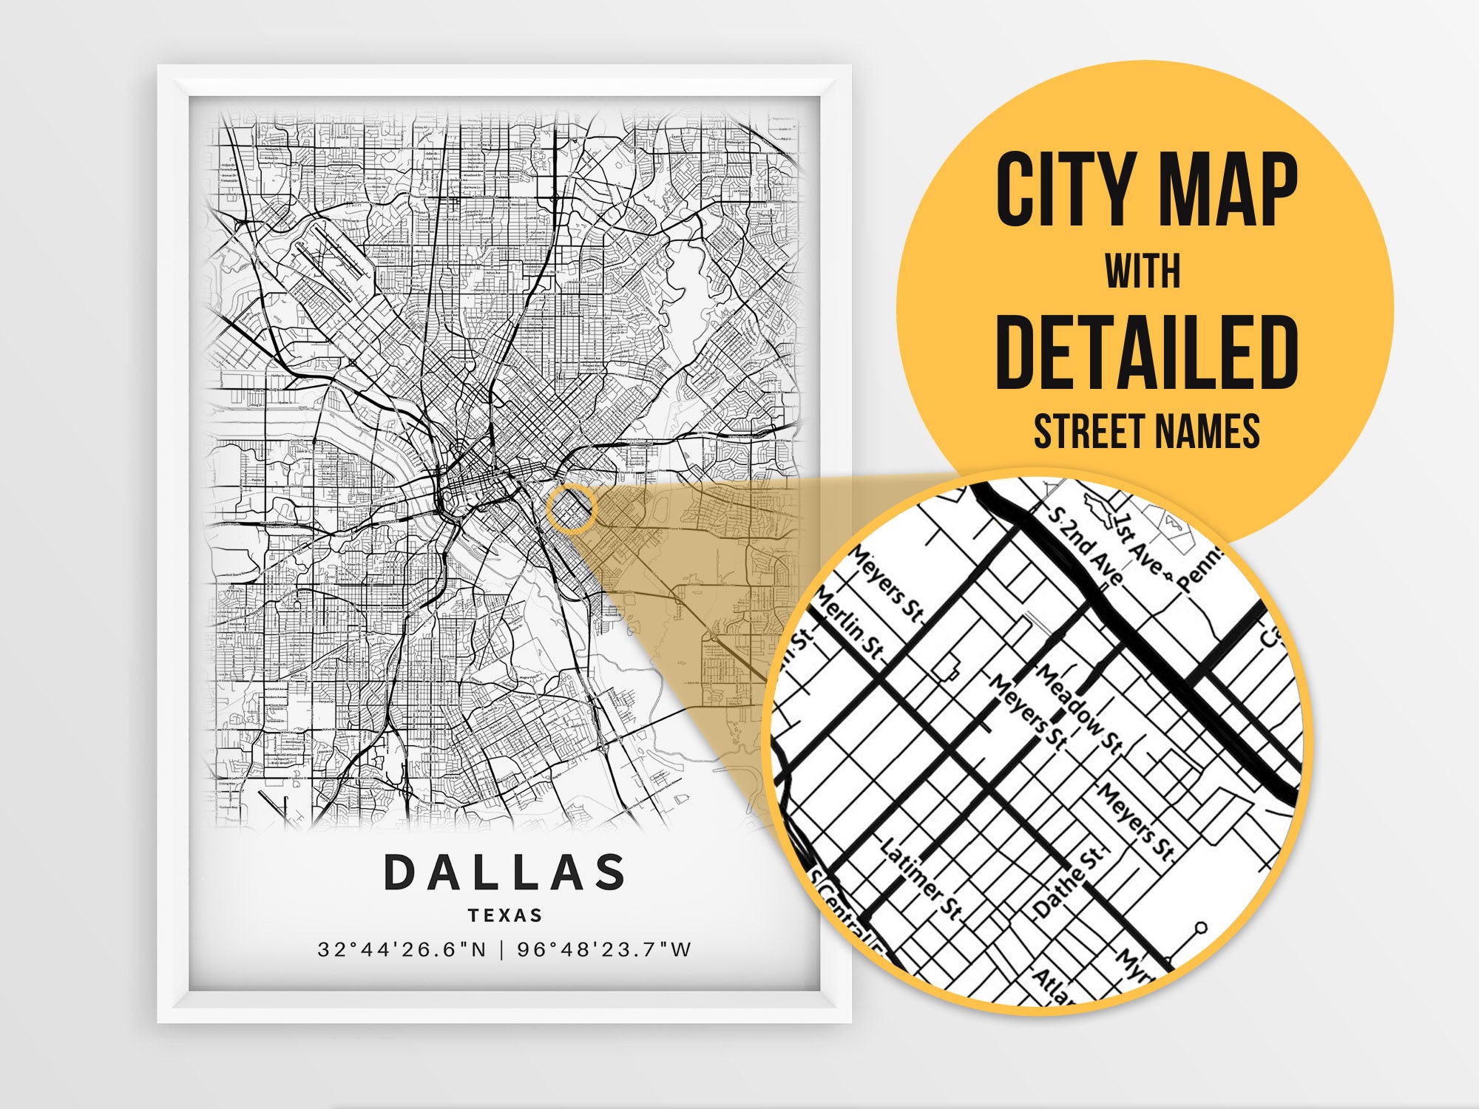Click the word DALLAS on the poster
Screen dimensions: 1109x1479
click(505, 872)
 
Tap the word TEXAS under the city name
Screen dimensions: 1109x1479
click(506, 915)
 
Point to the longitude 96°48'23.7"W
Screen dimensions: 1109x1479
click(604, 949)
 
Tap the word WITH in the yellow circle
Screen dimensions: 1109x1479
click(1143, 271)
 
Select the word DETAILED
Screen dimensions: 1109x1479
click(1147, 353)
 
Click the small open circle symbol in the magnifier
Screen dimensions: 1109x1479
click(1201, 927)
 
